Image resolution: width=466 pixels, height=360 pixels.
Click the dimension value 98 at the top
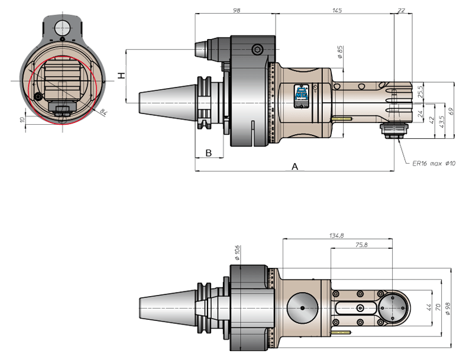(x=237, y=11)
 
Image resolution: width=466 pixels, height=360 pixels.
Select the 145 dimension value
(x=337, y=11)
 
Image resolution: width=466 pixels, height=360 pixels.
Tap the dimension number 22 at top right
(x=401, y=11)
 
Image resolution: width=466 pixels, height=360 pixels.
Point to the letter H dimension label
(x=122, y=76)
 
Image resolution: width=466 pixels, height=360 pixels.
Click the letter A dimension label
(x=295, y=166)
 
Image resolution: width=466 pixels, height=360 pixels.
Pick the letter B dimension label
(x=209, y=153)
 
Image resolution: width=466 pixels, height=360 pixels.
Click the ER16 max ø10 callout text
(x=433, y=163)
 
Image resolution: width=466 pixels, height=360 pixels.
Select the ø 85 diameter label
(x=340, y=52)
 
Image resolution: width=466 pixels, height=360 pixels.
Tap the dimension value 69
(x=451, y=111)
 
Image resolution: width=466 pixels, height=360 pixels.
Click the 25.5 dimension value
(x=420, y=92)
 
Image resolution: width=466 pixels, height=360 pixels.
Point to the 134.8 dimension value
(x=336, y=235)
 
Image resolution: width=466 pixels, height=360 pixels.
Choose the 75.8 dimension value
(x=361, y=245)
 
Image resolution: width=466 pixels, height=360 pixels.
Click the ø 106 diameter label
(x=237, y=253)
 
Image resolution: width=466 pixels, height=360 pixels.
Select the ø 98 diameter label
(x=448, y=309)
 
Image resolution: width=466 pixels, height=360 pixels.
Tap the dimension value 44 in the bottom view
(x=429, y=307)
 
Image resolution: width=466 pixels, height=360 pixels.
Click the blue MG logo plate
(x=302, y=96)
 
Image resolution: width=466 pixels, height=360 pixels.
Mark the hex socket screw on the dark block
(x=257, y=49)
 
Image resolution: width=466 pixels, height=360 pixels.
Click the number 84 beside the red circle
(x=103, y=112)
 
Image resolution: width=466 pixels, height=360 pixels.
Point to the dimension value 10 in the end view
(x=22, y=120)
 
